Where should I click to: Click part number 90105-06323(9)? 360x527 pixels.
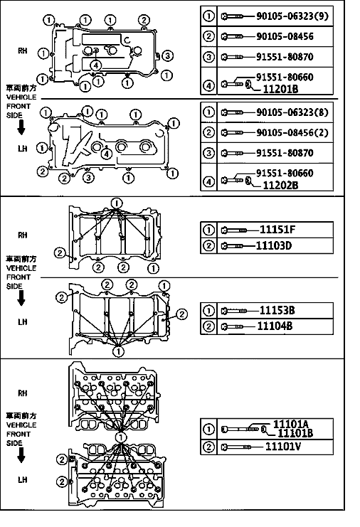tap(292, 16)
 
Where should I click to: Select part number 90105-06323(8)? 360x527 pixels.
tap(292, 112)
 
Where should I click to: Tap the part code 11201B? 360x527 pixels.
tap(280, 89)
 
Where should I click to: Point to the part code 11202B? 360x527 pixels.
tap(280, 185)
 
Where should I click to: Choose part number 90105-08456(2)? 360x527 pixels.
tap(292, 132)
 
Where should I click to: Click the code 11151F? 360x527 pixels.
tap(277, 230)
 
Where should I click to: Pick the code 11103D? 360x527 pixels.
tap(274, 245)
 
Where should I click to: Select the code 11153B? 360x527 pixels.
tap(277, 310)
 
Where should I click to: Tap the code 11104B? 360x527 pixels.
tap(275, 326)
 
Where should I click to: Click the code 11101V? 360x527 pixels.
tap(283, 447)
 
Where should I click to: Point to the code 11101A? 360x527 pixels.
tap(291, 424)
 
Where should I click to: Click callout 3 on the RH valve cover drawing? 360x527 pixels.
tap(167, 55)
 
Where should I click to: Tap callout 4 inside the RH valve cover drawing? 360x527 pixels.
tap(96, 65)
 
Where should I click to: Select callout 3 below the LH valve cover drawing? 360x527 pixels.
tap(88, 178)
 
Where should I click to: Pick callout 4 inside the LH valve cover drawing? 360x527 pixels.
tap(107, 154)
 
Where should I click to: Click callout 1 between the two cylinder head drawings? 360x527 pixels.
tap(121, 437)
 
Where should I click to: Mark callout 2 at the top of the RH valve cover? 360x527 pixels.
tap(144, 20)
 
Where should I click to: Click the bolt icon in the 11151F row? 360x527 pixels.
tap(234, 230)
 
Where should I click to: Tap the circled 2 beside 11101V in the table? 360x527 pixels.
tap(208, 447)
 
